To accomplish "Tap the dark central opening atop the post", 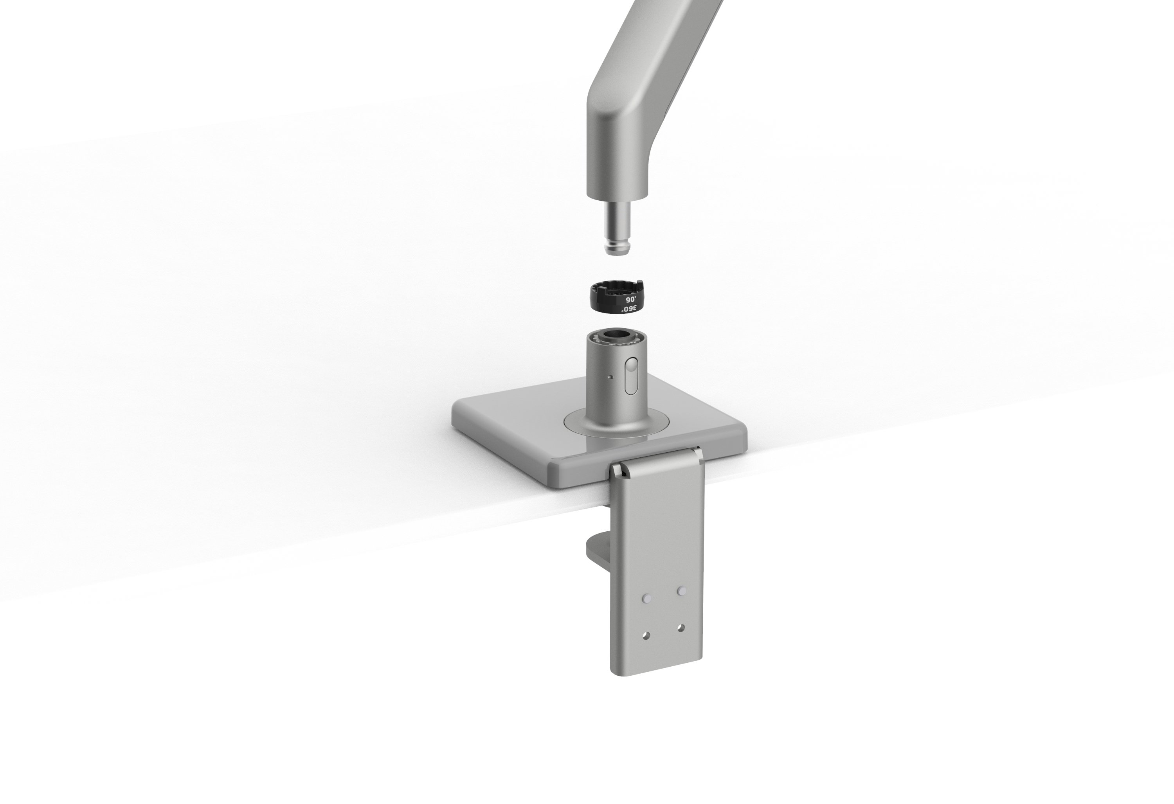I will click(x=615, y=335).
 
